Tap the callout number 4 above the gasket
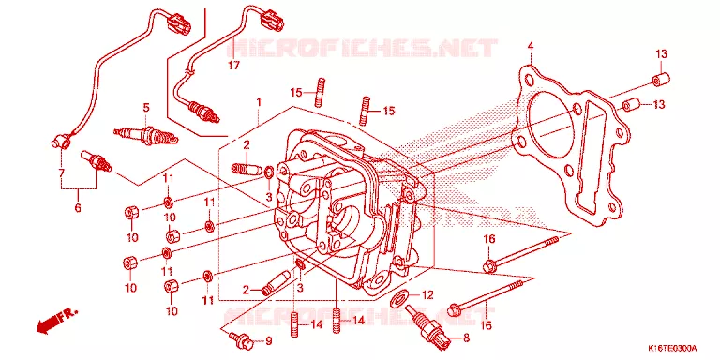(x=531, y=46)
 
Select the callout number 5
(x=146, y=109)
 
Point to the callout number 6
(x=78, y=207)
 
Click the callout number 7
(x=62, y=173)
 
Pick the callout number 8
(x=467, y=338)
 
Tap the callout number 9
(x=269, y=341)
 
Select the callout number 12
(x=427, y=295)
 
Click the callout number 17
(x=233, y=66)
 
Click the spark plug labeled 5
(x=145, y=135)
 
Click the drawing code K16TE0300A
(x=672, y=348)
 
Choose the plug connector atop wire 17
(x=272, y=21)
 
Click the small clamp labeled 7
(x=60, y=141)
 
